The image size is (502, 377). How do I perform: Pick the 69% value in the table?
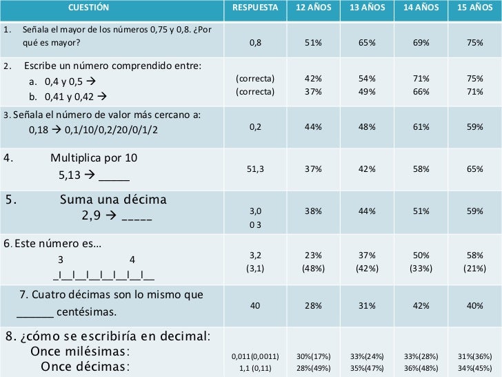[x=421, y=42]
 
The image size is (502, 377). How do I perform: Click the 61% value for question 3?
[x=421, y=127]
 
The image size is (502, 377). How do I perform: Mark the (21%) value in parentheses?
[x=474, y=269]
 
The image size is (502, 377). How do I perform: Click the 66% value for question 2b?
[x=421, y=92]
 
